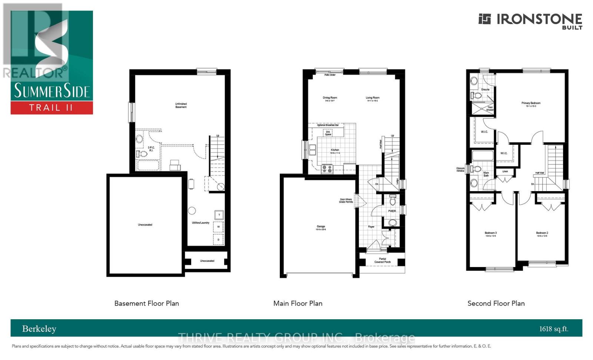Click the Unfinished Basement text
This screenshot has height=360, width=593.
[x=181, y=105]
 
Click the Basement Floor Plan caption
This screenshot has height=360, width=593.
[x=146, y=303]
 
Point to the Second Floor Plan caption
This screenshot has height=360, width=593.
[x=496, y=303]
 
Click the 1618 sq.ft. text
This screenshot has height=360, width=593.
[x=554, y=329]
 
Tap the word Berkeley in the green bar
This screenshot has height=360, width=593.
[x=39, y=329]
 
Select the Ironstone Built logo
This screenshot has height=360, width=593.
[x=530, y=20]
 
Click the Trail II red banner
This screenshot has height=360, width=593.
[x=52, y=108]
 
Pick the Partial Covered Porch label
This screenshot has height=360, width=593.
[x=382, y=260]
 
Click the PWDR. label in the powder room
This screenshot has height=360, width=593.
[x=392, y=211]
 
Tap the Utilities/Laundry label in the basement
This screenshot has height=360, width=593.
[x=201, y=223]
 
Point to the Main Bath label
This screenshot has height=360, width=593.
[x=486, y=174]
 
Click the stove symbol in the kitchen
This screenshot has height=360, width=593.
[x=327, y=169]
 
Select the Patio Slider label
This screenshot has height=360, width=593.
[x=330, y=75]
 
